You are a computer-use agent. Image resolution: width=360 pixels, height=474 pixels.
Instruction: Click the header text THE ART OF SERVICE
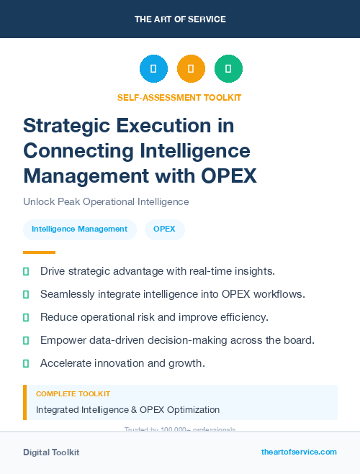pos(180,19)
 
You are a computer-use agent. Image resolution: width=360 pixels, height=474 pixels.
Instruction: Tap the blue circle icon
pos(153,69)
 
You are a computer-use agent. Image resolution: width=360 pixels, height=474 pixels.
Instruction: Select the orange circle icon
pos(191,69)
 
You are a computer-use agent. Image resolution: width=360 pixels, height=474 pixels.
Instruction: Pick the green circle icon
pos(228,69)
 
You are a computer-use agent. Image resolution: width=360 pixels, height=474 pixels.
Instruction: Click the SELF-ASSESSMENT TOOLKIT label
pos(179,97)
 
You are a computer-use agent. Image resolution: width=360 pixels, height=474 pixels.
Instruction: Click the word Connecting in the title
pos(76,151)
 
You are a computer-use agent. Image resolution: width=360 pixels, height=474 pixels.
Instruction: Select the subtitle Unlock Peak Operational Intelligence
pos(106,202)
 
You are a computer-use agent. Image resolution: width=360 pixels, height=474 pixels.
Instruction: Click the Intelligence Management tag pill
pos(79,229)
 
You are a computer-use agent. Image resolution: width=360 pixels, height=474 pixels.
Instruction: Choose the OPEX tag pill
pos(165,229)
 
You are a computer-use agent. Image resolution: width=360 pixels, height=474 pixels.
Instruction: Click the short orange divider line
pos(39,252)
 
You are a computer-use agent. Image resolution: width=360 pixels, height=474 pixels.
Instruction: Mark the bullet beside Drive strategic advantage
pos(26,271)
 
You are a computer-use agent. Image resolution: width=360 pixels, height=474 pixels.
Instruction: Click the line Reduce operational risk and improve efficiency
pos(154,317)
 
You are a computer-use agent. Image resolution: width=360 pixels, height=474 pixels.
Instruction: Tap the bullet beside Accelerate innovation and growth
pos(26,363)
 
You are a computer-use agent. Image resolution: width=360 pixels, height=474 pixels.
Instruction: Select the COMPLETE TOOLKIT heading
pos(73,394)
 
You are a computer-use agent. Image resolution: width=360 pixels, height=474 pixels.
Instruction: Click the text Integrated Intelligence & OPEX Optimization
pos(127,410)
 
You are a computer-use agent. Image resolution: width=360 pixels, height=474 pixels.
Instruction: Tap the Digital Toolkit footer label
pos(51,452)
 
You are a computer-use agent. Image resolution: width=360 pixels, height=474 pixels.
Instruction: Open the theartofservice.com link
pos(299,452)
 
